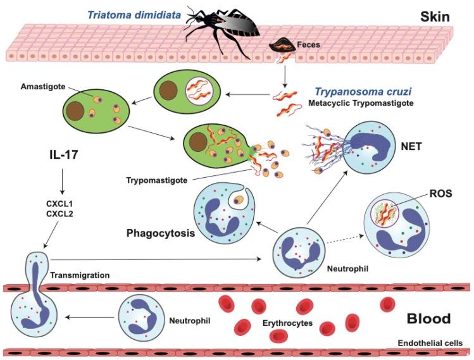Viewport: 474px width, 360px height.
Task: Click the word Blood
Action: point(428,318)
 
